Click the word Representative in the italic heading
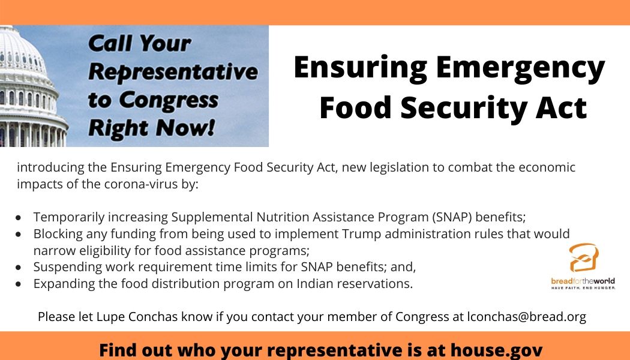[173, 73]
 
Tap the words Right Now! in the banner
[151, 128]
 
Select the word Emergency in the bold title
[520, 69]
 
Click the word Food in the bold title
[356, 107]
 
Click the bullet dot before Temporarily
[19, 218]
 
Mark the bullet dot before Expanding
[19, 284]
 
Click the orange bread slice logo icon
[584, 257]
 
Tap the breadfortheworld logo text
[583, 281]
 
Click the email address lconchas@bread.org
[526, 317]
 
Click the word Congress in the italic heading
[169, 100]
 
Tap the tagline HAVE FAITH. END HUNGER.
[583, 287]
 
